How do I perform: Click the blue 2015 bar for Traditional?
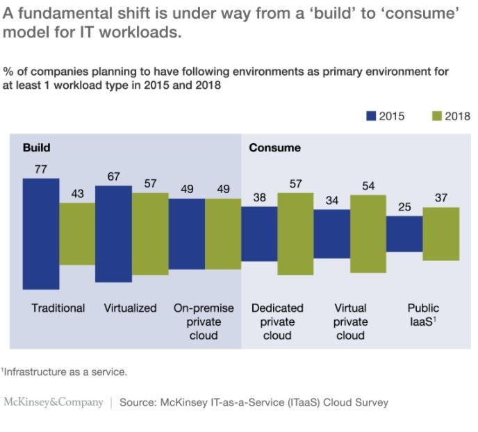click(x=40, y=233)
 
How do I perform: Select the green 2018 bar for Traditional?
click(x=76, y=233)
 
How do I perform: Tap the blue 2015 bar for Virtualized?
click(x=113, y=233)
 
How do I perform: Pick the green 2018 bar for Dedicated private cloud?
click(x=295, y=233)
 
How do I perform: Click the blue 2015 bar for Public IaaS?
click(x=404, y=233)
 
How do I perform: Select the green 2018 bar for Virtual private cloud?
click(x=368, y=233)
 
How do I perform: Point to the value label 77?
click(x=40, y=169)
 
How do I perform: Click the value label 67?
click(x=113, y=176)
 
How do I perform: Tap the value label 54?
click(x=368, y=185)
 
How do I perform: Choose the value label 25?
click(x=404, y=206)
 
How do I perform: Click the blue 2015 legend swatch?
click(x=371, y=116)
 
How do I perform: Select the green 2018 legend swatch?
click(x=437, y=116)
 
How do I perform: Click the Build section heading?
click(x=36, y=147)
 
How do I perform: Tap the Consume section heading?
click(x=274, y=147)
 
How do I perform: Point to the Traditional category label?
click(x=58, y=308)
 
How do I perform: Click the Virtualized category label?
click(x=131, y=308)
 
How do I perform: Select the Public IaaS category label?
click(x=423, y=315)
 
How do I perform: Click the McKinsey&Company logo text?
click(x=53, y=402)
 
